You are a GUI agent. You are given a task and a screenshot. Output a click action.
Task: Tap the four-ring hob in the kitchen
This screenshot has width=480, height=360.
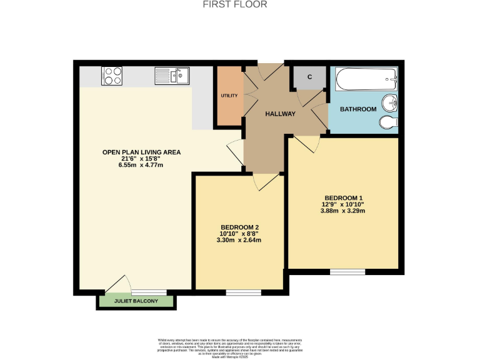[x=112, y=76]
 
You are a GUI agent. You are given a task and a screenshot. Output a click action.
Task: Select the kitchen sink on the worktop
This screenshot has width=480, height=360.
[x=172, y=76]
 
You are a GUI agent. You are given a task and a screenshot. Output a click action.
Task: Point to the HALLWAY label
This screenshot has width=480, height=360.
[x=280, y=114]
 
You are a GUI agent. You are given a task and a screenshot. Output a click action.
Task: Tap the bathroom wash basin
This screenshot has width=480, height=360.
[x=390, y=101]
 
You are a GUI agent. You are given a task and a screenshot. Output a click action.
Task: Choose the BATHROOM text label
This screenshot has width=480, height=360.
[x=358, y=109]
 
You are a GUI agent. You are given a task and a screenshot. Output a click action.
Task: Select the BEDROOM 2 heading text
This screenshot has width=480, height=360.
[x=239, y=227]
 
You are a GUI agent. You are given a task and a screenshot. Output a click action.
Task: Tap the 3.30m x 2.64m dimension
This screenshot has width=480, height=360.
[x=239, y=239]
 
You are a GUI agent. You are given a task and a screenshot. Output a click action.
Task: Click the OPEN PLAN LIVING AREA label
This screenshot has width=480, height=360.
[x=133, y=152]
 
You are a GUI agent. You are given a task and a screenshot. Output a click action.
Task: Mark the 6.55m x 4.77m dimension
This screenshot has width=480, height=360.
[x=133, y=165]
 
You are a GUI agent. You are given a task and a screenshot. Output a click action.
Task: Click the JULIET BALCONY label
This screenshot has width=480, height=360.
[x=136, y=302]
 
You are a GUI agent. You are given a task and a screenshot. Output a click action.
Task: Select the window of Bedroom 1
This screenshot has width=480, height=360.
[x=347, y=271]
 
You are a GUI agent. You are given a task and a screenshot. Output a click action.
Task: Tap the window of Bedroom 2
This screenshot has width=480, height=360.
[x=243, y=292]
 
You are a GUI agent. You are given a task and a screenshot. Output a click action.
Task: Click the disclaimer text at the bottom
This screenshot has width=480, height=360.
[x=239, y=347]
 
